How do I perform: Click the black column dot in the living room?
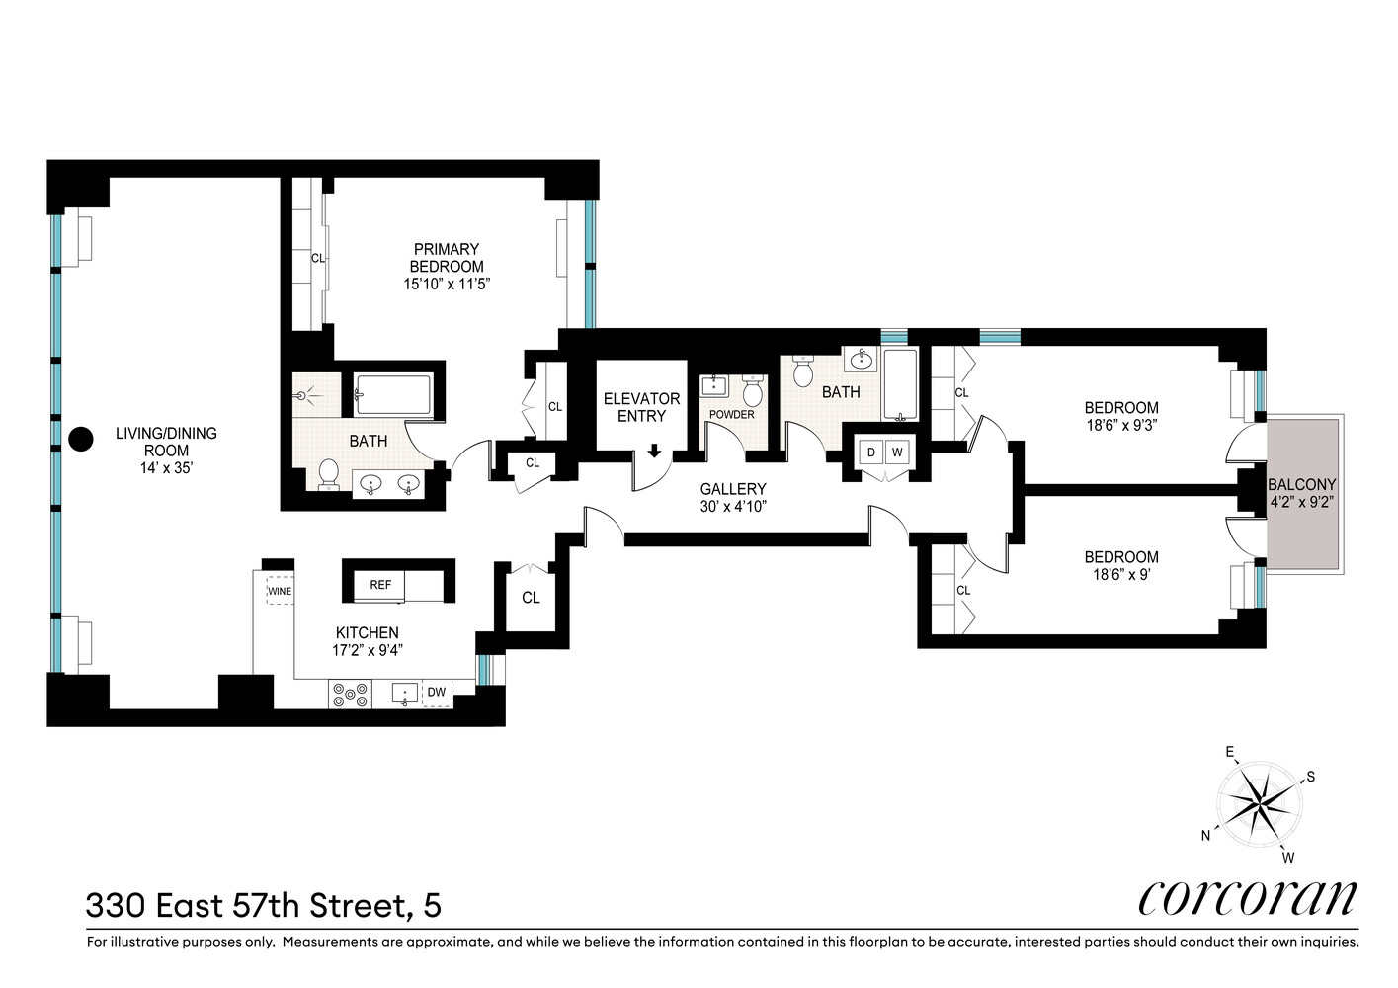coord(80,439)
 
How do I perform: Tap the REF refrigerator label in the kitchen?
coord(380,585)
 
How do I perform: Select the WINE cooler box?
coord(279,591)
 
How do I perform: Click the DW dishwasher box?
coord(437,692)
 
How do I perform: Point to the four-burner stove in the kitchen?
coord(350,695)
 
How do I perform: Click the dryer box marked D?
coord(871,452)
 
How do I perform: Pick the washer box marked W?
coord(897,452)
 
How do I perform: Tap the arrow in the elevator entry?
coord(654,450)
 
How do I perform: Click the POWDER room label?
coord(731,414)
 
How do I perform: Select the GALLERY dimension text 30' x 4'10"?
coord(733,506)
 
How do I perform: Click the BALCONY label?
coord(1302,484)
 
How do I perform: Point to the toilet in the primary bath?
coord(328,474)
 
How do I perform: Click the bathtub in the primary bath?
coord(392,394)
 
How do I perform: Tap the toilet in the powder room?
coord(753,390)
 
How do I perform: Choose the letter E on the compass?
coord(1230,752)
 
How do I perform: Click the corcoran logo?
coord(1248,899)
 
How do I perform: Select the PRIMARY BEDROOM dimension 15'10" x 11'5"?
coord(447,284)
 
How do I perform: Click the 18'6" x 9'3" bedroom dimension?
coord(1121,425)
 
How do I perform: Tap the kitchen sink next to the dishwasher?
coord(404,694)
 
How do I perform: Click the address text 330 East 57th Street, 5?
coord(264,906)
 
